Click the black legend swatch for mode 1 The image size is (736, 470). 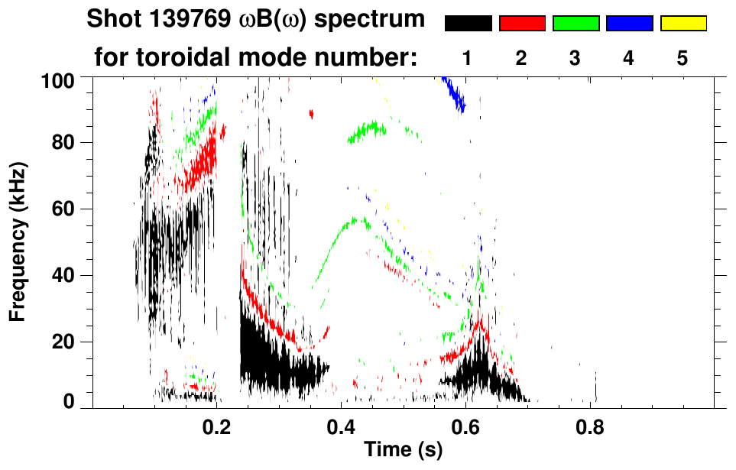coord(468,24)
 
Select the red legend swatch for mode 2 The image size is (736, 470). coord(522,24)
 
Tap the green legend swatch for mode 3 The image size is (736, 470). coord(576,24)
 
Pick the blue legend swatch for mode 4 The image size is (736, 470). coord(629,24)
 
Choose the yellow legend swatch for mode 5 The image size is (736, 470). coord(683,24)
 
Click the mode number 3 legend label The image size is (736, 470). coord(576,59)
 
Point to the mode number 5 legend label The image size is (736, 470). coord(683,59)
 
